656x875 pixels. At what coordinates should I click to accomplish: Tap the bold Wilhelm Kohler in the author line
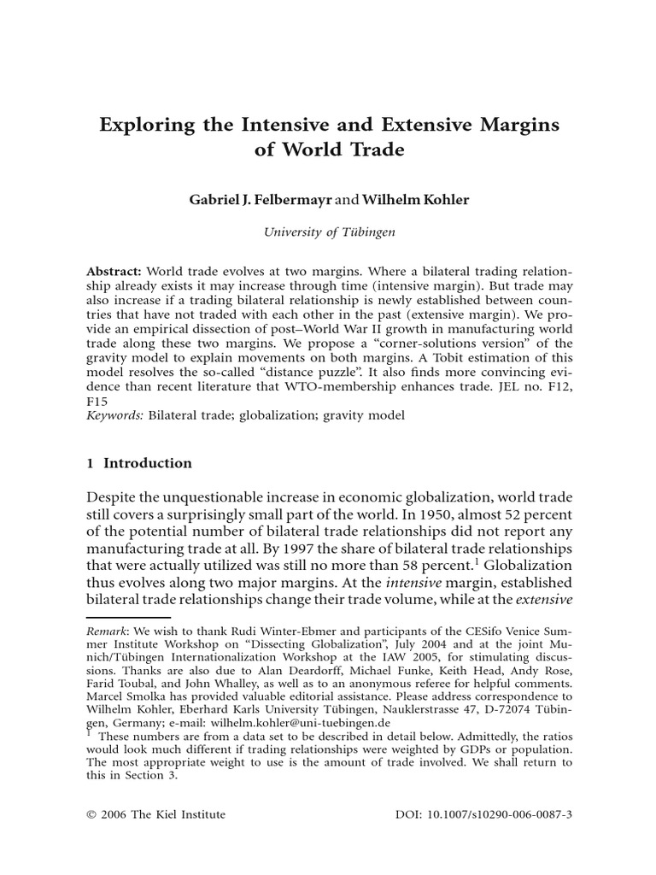[416, 199]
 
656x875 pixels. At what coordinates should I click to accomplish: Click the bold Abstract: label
[115, 267]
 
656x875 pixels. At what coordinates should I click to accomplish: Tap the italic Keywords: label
[116, 415]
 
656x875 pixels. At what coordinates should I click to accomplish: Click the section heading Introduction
[148, 463]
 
